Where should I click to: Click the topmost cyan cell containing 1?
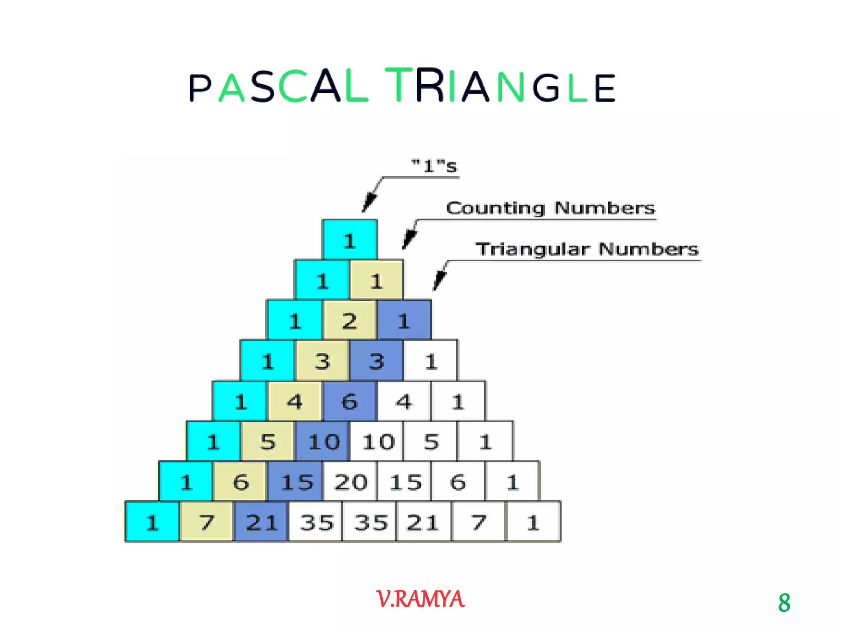349,240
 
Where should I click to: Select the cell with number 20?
350,481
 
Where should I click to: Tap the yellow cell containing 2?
350,320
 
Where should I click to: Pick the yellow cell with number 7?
207,522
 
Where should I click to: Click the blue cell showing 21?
261,522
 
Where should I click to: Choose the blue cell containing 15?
296,481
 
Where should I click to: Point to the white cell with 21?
423,522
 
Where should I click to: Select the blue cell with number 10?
323,442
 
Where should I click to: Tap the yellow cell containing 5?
268,442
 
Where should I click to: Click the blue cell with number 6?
350,401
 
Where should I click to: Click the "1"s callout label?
434,166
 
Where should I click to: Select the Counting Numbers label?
550,208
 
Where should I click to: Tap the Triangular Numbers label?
587,249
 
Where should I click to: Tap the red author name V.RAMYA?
420,599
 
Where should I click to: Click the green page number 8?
784,603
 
